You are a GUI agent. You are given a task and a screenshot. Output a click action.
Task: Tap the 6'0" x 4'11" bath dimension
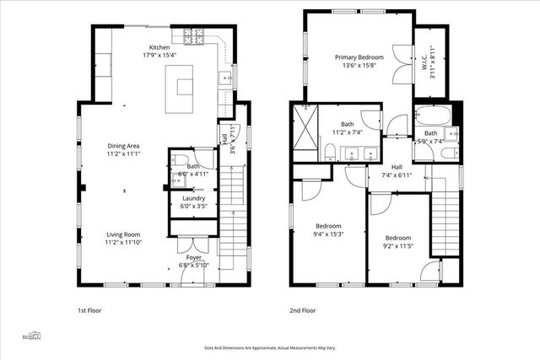click(x=193, y=175)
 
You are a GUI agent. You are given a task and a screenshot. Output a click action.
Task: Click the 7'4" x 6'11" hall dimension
click(x=397, y=175)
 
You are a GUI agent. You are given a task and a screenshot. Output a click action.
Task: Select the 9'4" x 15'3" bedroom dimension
click(x=328, y=234)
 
